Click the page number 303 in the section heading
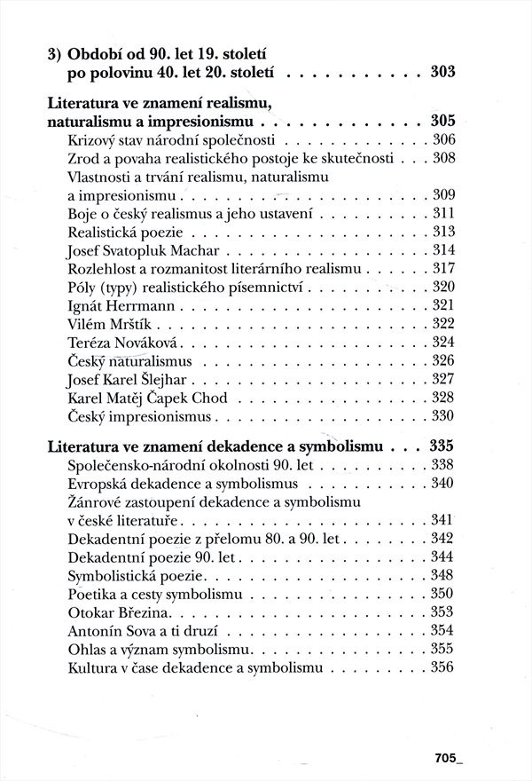(x=442, y=72)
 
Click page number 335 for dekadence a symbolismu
(x=442, y=446)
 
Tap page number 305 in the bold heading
(x=442, y=121)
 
